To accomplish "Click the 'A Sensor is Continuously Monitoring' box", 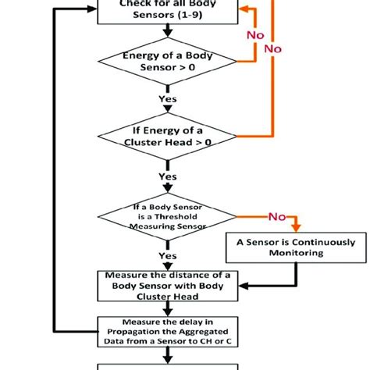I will pos(295,247).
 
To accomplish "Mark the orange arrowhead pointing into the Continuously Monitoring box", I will pos(296,229).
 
